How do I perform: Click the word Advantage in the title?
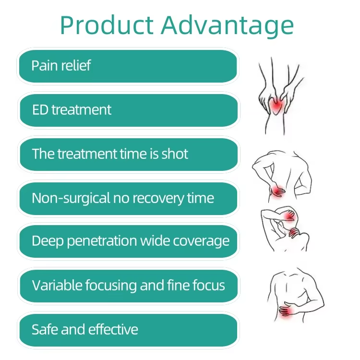pos(228,26)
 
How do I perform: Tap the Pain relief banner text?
pos(61,65)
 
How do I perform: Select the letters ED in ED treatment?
pos(40,110)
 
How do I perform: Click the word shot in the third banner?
pos(175,154)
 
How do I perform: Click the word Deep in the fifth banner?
pos(48,241)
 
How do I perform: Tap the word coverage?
pos(201,241)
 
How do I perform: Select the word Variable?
pos(57,286)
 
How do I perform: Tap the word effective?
pos(113,329)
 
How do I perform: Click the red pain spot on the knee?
pos(276,106)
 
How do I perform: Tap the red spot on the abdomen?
pos(287,312)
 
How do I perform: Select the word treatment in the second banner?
pos(82,110)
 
